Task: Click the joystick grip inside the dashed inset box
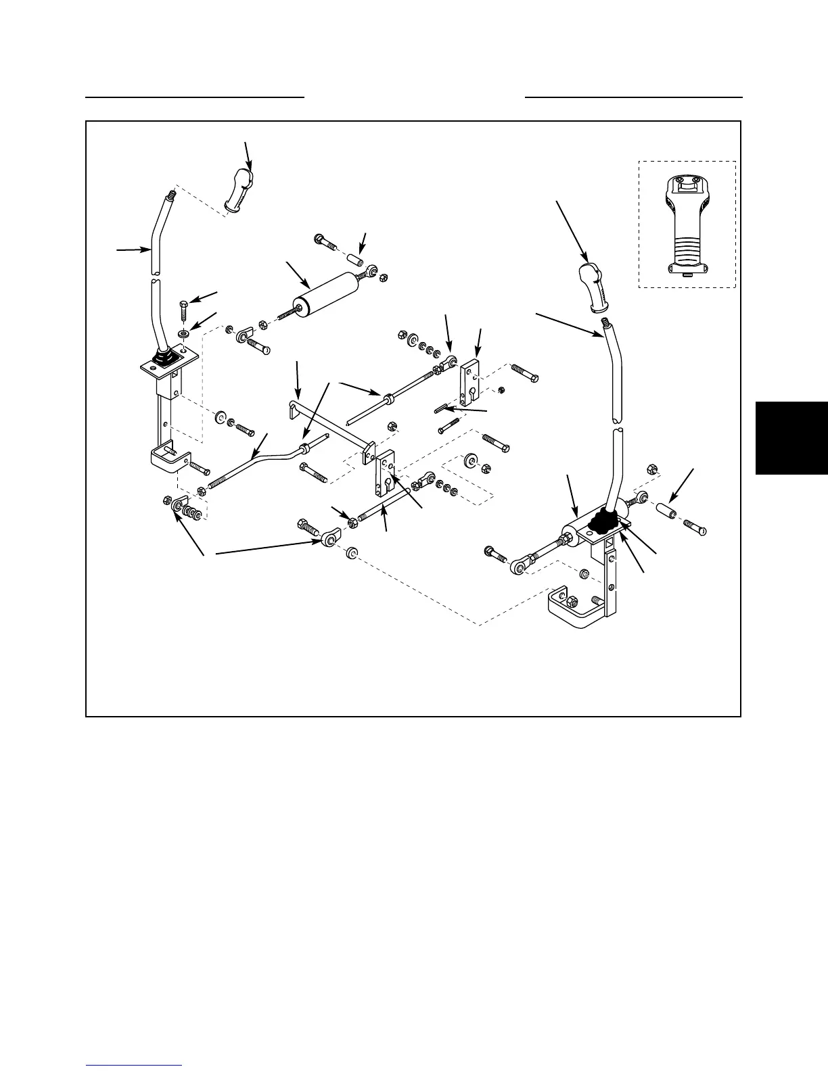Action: [687, 223]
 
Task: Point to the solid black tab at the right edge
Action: [791, 438]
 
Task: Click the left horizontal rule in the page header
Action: [195, 97]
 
